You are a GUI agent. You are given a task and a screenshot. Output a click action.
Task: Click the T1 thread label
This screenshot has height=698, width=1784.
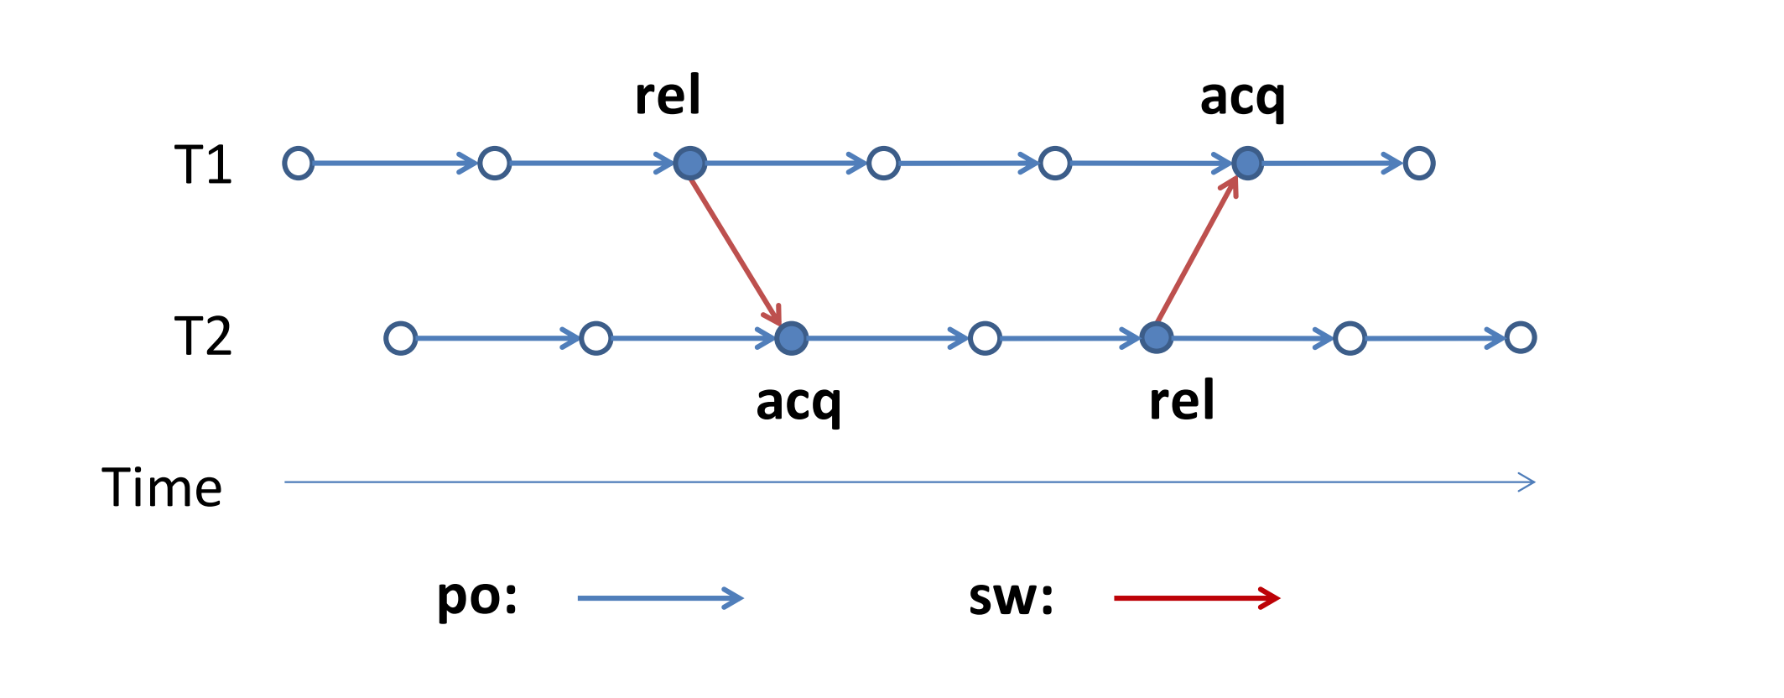[202, 164]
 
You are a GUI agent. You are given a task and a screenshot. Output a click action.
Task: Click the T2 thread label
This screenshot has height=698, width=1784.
[202, 336]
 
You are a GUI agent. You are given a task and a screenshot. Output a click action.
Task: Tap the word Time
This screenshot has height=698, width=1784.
[162, 487]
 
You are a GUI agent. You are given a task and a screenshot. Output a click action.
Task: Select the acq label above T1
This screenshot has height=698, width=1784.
[1242, 98]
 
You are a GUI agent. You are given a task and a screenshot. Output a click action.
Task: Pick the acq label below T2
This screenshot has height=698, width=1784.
[798, 404]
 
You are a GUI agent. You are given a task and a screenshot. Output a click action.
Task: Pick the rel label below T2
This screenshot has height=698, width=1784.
[1181, 400]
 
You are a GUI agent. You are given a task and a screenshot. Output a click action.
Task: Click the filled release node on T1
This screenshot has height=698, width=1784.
[690, 163]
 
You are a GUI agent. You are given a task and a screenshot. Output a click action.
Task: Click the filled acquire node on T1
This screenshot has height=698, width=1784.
[1248, 163]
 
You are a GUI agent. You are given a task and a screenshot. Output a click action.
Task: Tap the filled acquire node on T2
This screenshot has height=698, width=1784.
[791, 338]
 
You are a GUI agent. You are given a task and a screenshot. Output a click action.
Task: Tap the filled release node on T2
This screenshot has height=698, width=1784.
[1157, 337]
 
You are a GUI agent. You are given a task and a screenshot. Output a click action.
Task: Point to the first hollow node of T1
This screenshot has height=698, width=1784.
[299, 163]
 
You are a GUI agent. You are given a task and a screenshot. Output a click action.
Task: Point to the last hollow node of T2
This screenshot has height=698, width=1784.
[1521, 337]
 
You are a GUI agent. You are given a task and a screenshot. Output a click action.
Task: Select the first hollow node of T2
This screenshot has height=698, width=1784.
[400, 338]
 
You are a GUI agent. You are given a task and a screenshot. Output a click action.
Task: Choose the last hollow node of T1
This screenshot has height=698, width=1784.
[1419, 163]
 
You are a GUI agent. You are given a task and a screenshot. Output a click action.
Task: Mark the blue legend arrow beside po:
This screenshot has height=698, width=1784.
[660, 598]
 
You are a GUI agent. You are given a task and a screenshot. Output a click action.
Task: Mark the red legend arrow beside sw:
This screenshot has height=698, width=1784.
[1196, 598]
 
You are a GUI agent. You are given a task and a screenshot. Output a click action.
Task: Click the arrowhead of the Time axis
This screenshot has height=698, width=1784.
[1527, 482]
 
